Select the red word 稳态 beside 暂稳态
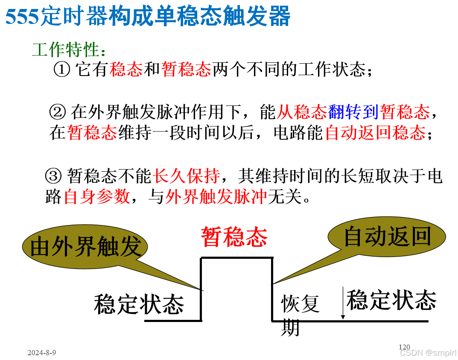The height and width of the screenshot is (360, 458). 125,69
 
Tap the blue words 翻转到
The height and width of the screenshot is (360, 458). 353,112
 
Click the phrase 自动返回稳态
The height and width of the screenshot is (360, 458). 375,133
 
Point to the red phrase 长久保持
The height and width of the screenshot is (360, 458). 187,176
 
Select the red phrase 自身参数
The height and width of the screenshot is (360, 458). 97,197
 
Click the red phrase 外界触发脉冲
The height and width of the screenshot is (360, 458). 216,197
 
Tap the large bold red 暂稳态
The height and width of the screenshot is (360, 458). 234,237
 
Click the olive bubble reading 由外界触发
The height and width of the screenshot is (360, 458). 85,247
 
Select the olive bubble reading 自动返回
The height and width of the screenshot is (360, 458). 387,237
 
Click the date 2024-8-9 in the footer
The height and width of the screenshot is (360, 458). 41,353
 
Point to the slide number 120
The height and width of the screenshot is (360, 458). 404,347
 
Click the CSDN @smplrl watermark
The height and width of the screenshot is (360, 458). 428,353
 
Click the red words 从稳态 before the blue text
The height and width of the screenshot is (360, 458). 302,112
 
